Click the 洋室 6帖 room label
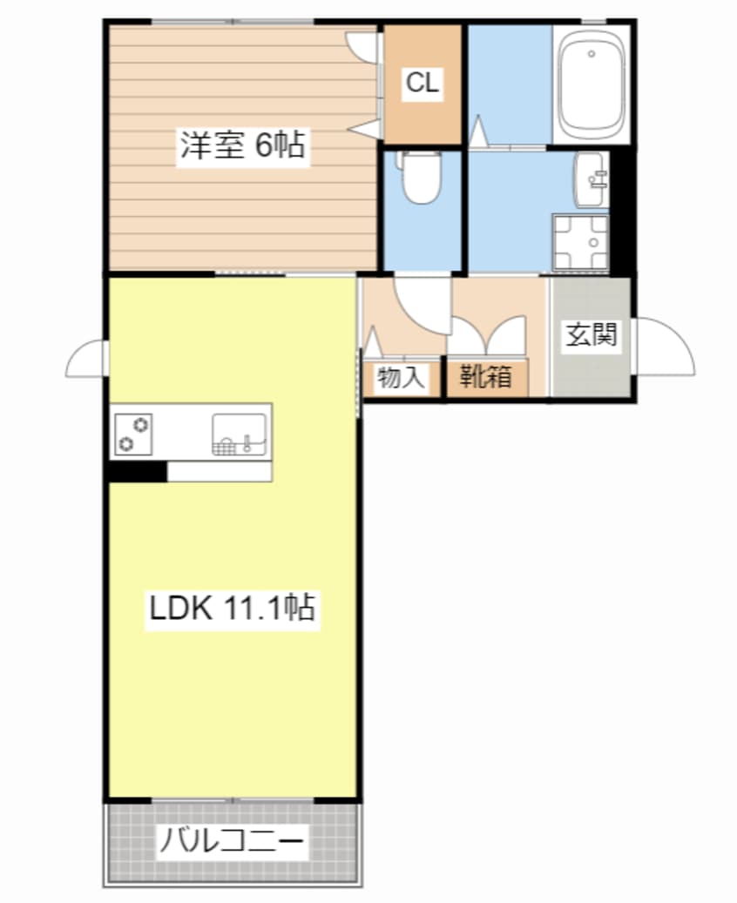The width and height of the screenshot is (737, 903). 242,145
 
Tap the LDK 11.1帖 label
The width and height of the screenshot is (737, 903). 233,608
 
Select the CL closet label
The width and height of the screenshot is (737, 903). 423,83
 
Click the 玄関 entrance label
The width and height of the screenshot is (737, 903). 592,335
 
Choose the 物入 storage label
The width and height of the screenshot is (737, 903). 401,379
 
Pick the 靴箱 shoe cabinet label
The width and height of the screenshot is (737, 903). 485,377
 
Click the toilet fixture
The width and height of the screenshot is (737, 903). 421,177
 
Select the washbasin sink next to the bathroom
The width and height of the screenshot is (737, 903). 590,179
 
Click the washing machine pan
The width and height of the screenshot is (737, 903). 580,242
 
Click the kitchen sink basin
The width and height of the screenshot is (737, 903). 240,435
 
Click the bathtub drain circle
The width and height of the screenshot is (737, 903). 592,54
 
